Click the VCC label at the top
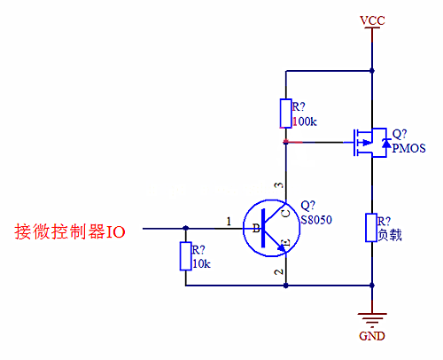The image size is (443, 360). point(372,19)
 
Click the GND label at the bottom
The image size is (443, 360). point(372,338)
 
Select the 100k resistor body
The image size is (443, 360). point(285,113)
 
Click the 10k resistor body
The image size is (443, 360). point(185,256)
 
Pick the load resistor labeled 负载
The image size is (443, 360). point(372,228)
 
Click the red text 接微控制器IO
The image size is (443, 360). point(70,232)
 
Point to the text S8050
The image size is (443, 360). point(315,219)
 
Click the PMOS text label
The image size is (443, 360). point(408,147)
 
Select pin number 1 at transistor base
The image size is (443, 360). point(229,221)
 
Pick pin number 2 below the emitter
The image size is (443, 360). point(277,272)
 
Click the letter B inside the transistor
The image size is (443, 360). point(257,229)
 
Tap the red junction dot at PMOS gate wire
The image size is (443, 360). point(285,141)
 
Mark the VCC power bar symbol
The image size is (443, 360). point(372,30)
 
